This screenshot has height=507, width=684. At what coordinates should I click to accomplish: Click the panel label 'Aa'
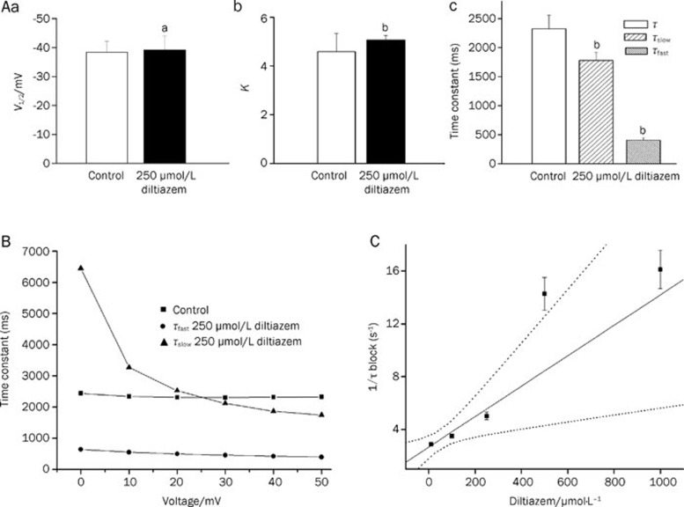[12, 8]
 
